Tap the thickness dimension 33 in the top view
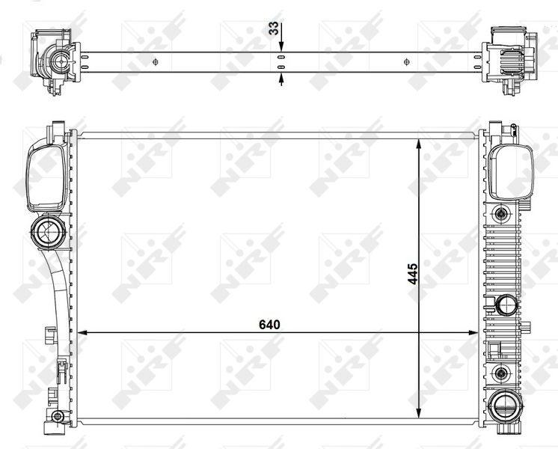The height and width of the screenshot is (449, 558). (x=274, y=31)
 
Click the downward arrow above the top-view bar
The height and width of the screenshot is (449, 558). (x=281, y=46)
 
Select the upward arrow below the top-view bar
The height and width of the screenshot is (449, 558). (x=281, y=77)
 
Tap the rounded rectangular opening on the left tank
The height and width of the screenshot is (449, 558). (x=43, y=177)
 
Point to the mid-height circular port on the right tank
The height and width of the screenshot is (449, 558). (x=506, y=305)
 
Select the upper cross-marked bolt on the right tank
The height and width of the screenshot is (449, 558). (x=499, y=214)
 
